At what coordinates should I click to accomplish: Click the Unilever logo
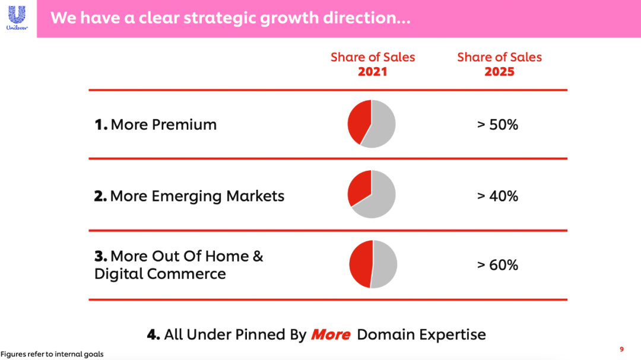17,18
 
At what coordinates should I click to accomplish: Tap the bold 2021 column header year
372,72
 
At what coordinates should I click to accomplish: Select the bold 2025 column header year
499,72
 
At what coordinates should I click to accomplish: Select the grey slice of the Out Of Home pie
384,264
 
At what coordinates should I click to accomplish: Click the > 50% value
497,125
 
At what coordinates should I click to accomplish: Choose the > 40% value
497,196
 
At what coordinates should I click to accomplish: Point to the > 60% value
497,265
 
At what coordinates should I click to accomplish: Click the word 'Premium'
184,125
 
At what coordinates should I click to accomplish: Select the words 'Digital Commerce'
160,274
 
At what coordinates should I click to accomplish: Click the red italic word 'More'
331,334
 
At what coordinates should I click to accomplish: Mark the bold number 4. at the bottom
153,334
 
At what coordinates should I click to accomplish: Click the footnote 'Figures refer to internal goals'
52,354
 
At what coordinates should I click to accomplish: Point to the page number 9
622,349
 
